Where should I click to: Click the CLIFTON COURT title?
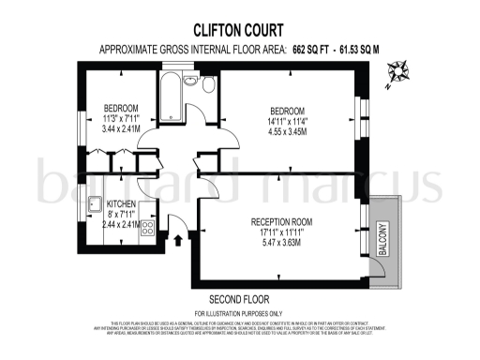coord(239,29)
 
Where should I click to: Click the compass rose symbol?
coord(398,71)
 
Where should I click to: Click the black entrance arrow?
coord(178,242)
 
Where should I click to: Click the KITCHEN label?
coord(123,203)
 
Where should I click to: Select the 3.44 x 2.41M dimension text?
coord(122,129)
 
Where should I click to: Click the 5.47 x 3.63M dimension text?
coord(281,243)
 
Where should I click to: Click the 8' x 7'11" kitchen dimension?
coord(122,215)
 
